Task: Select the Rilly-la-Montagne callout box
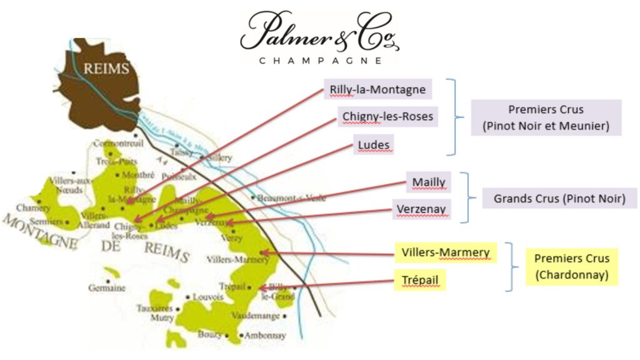377,89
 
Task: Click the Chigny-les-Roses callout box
387,116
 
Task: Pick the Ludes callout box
374,145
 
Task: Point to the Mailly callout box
429,182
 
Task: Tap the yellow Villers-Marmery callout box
446,252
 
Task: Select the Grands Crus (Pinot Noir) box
559,199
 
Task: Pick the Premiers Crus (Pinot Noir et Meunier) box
546,117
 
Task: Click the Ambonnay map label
265,336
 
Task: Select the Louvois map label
209,297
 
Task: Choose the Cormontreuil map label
118,143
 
